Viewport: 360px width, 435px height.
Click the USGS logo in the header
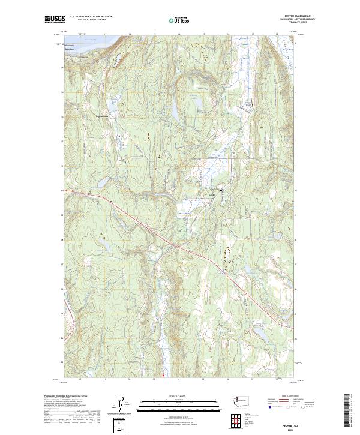[55, 20]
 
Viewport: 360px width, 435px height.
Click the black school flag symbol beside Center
[221, 190]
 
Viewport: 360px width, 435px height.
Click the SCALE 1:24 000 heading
[179, 397]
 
